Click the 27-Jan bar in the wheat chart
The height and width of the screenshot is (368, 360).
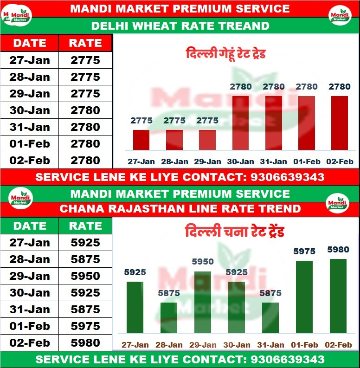tap(141, 140)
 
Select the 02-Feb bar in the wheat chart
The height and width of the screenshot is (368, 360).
tap(339, 123)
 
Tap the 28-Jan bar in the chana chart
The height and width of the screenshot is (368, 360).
tap(169, 318)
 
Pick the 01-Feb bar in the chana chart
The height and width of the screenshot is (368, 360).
tap(304, 297)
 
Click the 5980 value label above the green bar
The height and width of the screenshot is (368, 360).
tap(338, 250)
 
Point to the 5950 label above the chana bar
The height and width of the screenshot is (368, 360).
tap(203, 262)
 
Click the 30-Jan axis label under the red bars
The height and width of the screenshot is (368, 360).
tap(240, 161)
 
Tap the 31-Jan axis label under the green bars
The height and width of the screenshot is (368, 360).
tap(270, 345)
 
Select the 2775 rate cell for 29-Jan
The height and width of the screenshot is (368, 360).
tap(85, 94)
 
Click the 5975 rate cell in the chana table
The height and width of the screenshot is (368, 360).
tap(85, 326)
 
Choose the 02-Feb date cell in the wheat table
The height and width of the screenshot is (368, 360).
tap(30, 161)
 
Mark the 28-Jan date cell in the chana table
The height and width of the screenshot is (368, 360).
tap(30, 259)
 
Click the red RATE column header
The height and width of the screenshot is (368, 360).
tap(85, 43)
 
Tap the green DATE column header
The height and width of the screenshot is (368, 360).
tap(30, 226)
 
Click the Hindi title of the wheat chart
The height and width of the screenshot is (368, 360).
tap(225, 54)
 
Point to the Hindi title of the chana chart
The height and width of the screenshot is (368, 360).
tap(234, 231)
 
